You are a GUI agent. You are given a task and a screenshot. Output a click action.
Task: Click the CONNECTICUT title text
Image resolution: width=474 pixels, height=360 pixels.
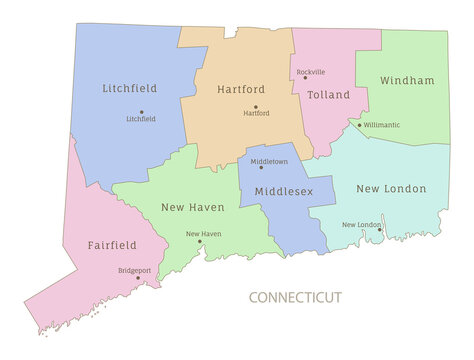coord(295,297)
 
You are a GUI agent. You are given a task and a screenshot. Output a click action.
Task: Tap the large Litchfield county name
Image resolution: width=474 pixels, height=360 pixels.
coord(130,89)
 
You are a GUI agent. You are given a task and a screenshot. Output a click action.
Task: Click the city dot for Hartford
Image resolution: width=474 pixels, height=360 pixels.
coord(255,107)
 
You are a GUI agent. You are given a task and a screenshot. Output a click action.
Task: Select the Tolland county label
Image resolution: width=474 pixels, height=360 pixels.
coord(329,95)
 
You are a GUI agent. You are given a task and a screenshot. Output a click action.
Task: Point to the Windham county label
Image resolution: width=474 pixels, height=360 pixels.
coord(407,80)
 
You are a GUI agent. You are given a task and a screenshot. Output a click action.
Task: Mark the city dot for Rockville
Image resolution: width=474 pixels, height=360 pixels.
coord(305,78)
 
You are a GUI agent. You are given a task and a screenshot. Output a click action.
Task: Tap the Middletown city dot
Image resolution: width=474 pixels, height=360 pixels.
coord(261,167)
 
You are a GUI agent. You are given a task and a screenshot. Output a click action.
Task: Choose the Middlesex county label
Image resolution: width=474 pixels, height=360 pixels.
coord(284,190)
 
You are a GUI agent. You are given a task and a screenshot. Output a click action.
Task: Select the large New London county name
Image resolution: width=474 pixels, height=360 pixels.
coord(391,188)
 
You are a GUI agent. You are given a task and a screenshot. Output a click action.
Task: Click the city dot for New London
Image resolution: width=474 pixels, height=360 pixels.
coord(379,229)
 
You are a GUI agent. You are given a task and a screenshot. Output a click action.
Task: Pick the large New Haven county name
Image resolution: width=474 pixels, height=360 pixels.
coord(193,207)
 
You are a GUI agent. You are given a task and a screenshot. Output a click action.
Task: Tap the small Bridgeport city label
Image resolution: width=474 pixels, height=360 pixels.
coord(135,270)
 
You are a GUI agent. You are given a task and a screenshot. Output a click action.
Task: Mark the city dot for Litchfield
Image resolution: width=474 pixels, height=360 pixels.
coord(141,112)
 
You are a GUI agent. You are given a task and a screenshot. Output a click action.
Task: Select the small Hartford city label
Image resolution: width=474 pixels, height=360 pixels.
coord(256,114)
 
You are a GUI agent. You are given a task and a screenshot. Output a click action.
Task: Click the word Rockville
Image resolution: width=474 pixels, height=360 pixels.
coord(311,72)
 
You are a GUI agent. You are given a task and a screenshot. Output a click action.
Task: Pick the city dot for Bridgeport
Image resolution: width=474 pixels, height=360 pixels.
coord(138,278)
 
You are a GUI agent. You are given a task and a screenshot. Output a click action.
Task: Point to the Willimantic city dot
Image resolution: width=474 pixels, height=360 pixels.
coord(360,125)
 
